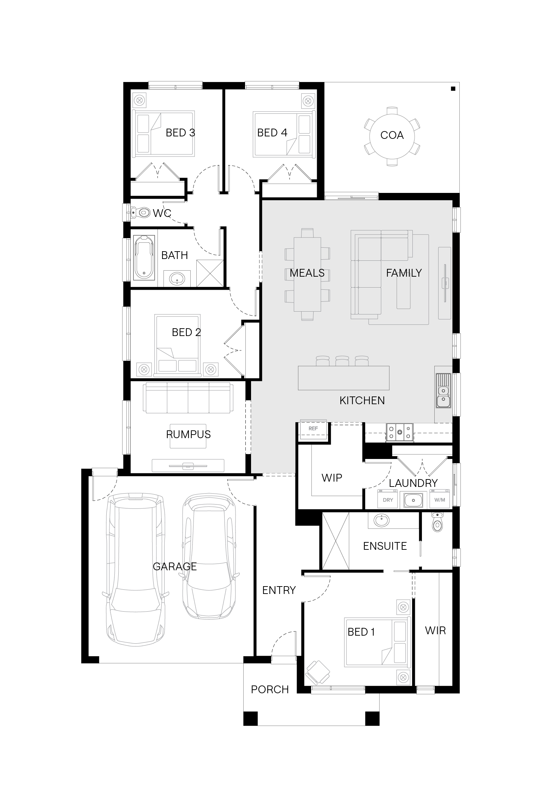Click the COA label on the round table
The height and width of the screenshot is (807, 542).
pos(392,135)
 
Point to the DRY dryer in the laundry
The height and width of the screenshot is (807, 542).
pos(388,500)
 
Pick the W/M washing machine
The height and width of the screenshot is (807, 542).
pos(440,500)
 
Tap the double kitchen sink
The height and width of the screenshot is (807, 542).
pos(443,391)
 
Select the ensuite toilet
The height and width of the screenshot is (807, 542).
pos(437,523)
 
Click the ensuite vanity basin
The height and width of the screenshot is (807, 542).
pos(382,520)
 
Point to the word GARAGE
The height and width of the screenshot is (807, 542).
pos(175,567)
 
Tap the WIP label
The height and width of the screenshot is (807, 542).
pos(332,478)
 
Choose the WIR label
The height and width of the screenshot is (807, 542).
pos(435,631)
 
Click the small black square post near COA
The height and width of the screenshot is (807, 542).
pos(453,89)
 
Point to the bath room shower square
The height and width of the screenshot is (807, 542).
pos(210,273)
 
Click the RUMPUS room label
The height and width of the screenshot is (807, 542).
pos(189,435)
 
